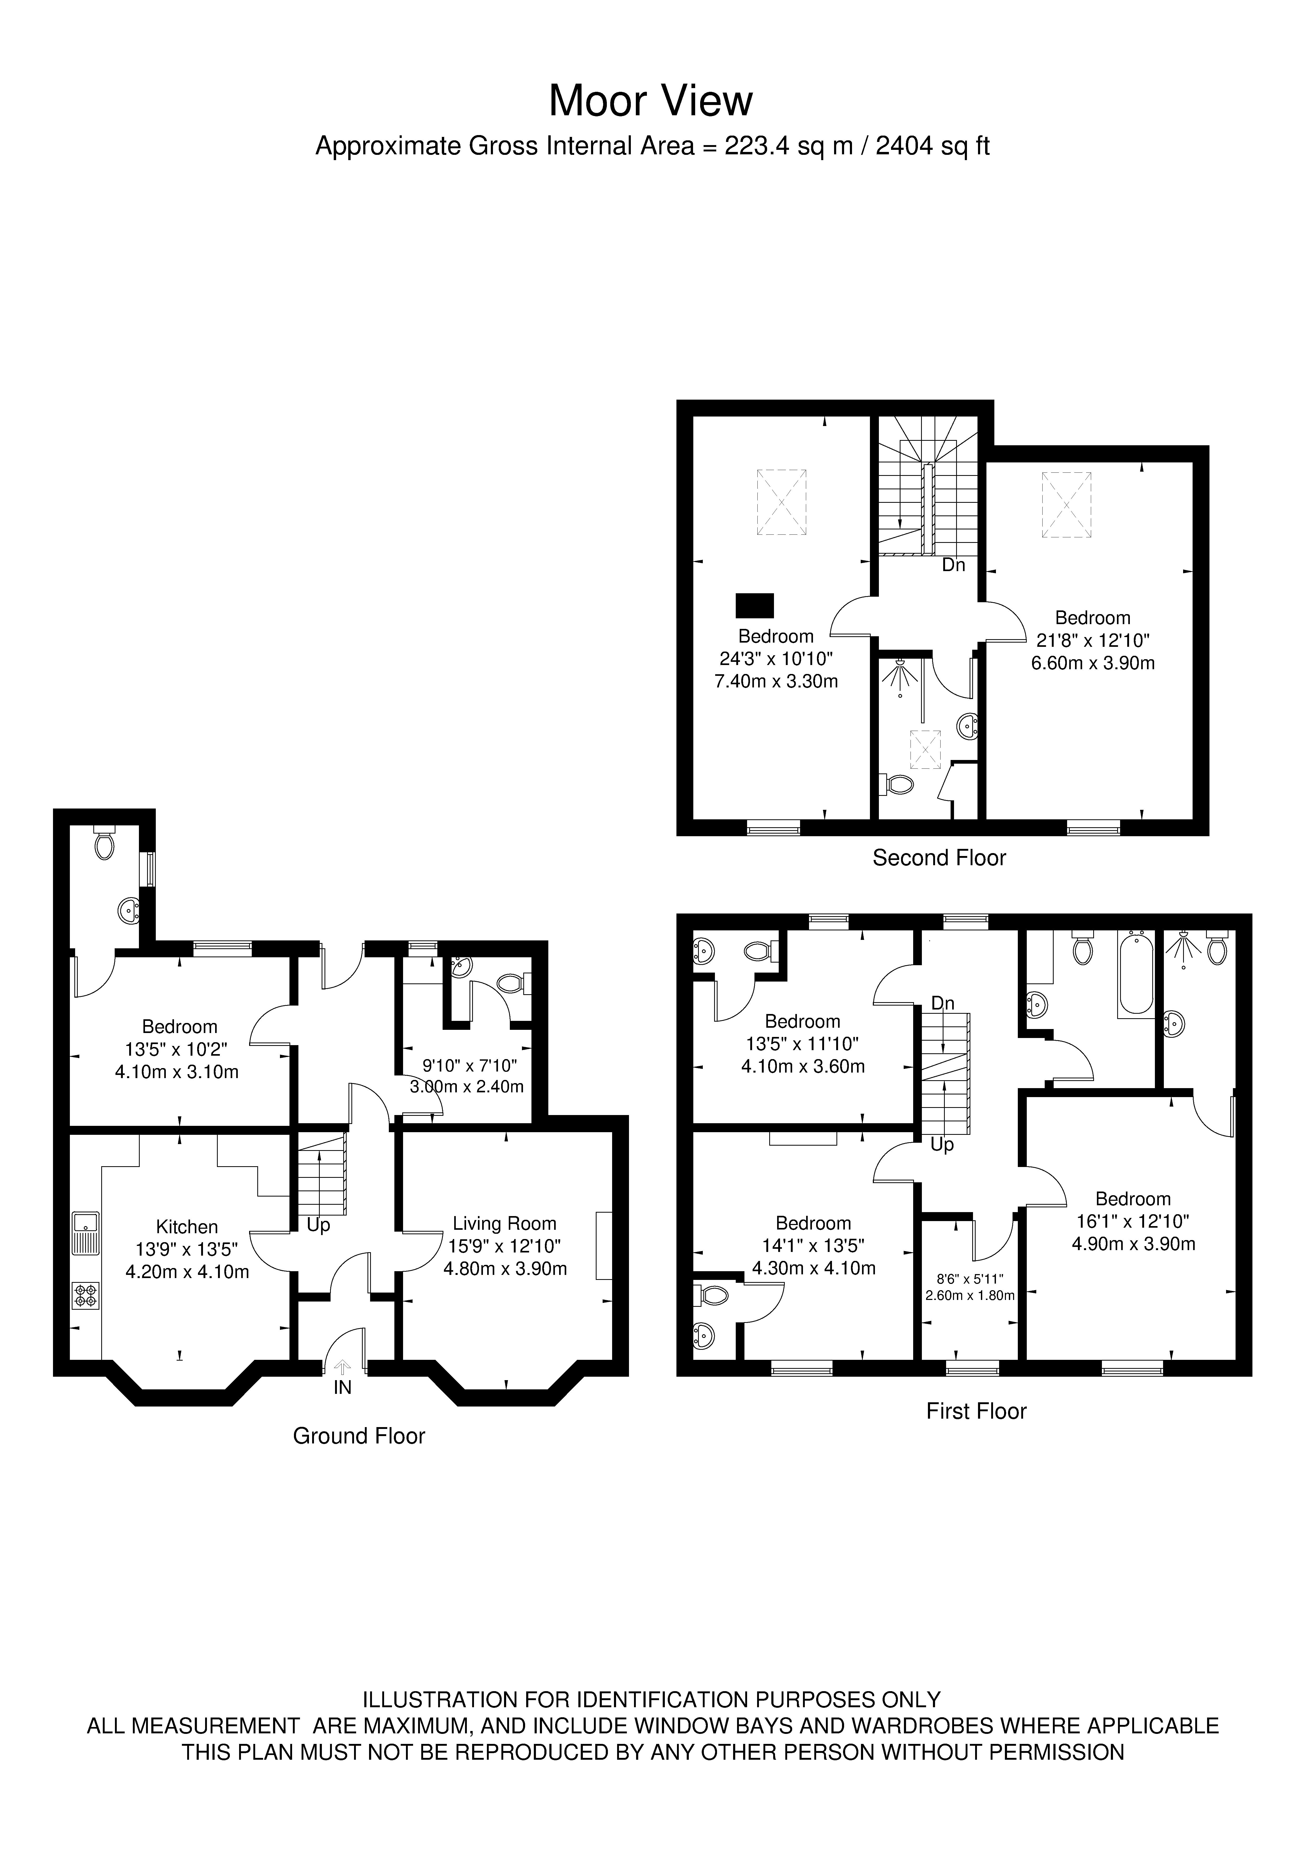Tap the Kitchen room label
(187, 1227)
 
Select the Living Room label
(505, 1224)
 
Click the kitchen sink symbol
(85, 1233)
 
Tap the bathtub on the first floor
(1136, 973)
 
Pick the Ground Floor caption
(359, 1436)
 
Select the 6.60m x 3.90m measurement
(1093, 663)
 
